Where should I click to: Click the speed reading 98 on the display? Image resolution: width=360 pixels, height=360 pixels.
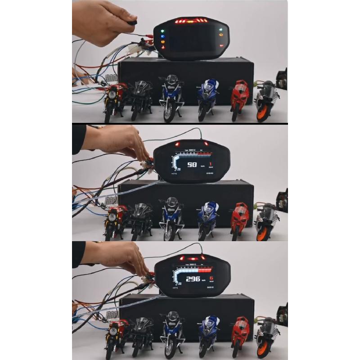[192, 165]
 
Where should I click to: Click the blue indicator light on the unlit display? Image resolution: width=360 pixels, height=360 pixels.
[163, 37]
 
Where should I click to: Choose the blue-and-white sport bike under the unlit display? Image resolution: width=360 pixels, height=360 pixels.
[207, 97]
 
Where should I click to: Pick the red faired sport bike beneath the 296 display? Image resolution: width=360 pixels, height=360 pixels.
[239, 331]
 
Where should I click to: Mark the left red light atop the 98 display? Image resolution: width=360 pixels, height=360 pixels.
[178, 144]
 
